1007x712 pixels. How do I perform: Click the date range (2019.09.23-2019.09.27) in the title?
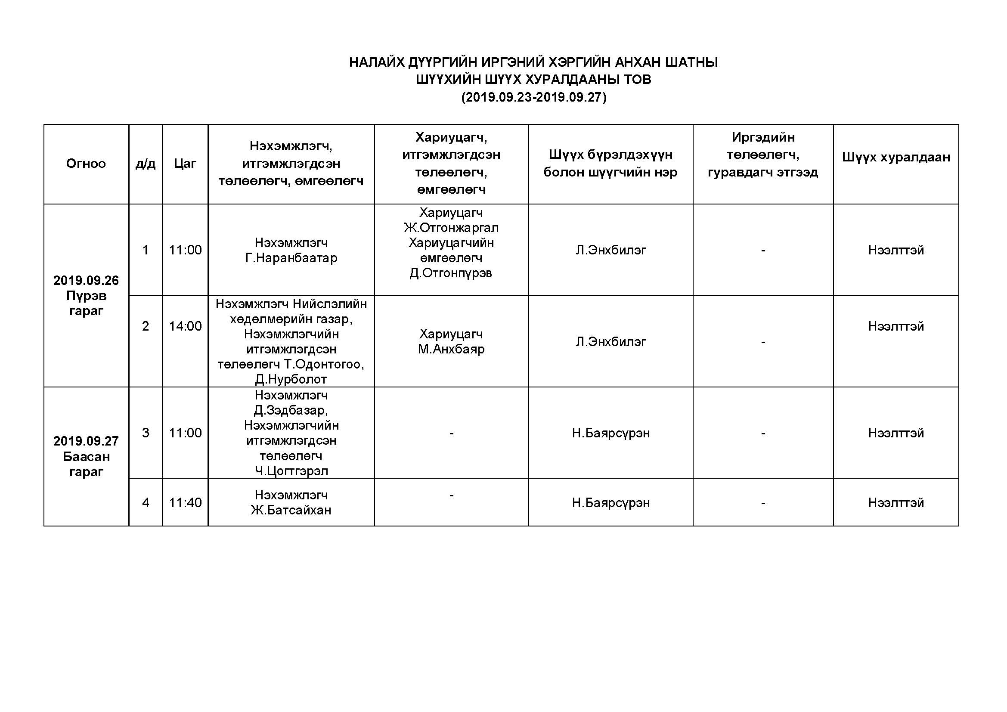[533, 97]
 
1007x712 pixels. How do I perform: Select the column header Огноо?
[86, 164]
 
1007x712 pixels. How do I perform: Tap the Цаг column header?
[185, 164]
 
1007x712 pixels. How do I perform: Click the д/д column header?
[146, 164]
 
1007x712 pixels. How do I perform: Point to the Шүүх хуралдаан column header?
[895, 157]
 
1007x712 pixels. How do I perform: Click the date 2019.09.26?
[86, 281]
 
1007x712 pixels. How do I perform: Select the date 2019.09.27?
[86, 441]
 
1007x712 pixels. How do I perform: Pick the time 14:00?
[185, 326]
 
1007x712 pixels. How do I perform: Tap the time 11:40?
[185, 502]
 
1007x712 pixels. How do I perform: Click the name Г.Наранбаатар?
[291, 258]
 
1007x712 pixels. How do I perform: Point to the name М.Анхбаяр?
[451, 350]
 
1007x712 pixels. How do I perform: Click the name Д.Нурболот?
[291, 379]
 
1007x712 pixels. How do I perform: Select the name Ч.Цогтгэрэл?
[291, 471]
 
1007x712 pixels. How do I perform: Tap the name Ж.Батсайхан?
[291, 510]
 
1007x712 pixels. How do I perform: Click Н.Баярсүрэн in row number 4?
[610, 502]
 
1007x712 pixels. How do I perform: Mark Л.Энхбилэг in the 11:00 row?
[610, 250]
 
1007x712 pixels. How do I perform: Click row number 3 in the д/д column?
[146, 433]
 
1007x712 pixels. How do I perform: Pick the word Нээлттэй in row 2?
[895, 326]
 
